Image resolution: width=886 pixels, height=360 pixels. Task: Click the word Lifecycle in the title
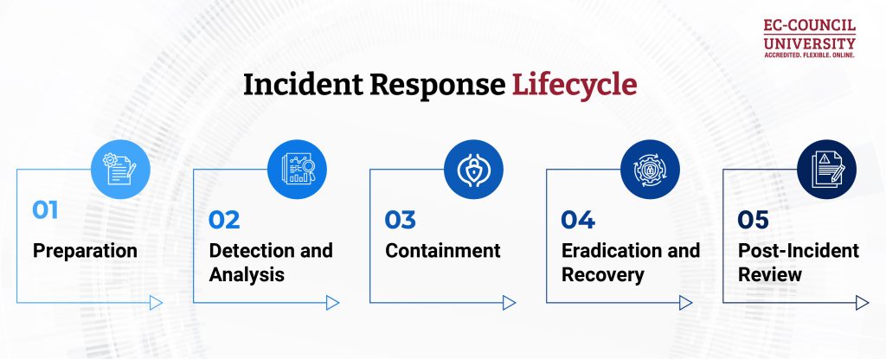coord(575,85)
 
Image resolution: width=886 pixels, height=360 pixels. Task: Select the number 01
coord(45,210)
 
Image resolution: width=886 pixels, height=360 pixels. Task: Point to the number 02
coord(224,220)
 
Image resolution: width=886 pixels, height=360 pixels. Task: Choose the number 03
coord(401,220)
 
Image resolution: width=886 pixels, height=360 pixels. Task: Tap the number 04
coord(578,220)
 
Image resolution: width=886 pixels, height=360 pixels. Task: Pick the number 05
coord(754,220)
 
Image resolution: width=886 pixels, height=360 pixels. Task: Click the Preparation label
coord(85,251)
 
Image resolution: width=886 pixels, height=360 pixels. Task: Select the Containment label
coord(442,251)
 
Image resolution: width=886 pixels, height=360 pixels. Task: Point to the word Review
coord(770,275)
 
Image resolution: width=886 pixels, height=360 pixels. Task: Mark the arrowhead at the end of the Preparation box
coord(156,302)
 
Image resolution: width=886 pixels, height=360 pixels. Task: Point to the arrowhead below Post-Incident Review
coord(862,302)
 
